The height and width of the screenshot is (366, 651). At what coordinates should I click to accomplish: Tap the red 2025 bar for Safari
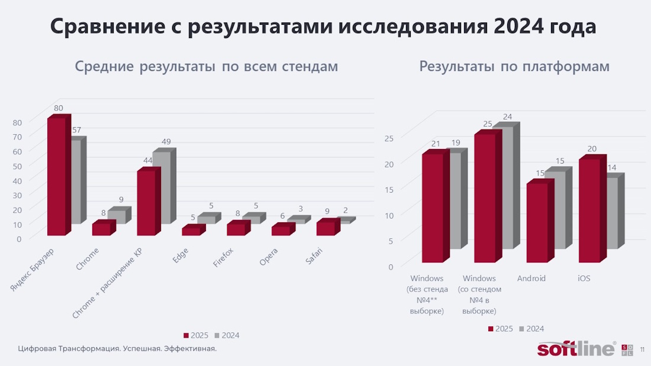pos(325,228)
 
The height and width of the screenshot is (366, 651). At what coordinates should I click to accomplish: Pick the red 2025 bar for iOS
pos(589,210)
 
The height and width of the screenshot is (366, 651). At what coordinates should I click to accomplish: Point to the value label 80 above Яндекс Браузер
pos(59,108)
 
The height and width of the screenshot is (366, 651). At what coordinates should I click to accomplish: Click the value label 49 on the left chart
pos(166,141)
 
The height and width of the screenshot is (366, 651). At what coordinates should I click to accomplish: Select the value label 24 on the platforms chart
pos(507,116)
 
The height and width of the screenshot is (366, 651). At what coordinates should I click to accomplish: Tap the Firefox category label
pos(224,258)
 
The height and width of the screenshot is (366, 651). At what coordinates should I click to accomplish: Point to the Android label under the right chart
pos(531,278)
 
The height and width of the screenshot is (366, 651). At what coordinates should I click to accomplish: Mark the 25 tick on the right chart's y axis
pos(388,138)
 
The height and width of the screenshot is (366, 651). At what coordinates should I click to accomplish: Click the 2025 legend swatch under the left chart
pos(186,335)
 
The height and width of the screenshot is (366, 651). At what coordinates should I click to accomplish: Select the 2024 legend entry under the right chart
pos(530,329)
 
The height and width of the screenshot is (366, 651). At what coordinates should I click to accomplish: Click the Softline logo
pos(576,349)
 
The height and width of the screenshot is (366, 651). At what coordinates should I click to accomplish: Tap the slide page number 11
pos(643,350)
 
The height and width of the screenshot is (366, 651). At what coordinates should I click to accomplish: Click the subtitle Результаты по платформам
pos(514,66)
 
